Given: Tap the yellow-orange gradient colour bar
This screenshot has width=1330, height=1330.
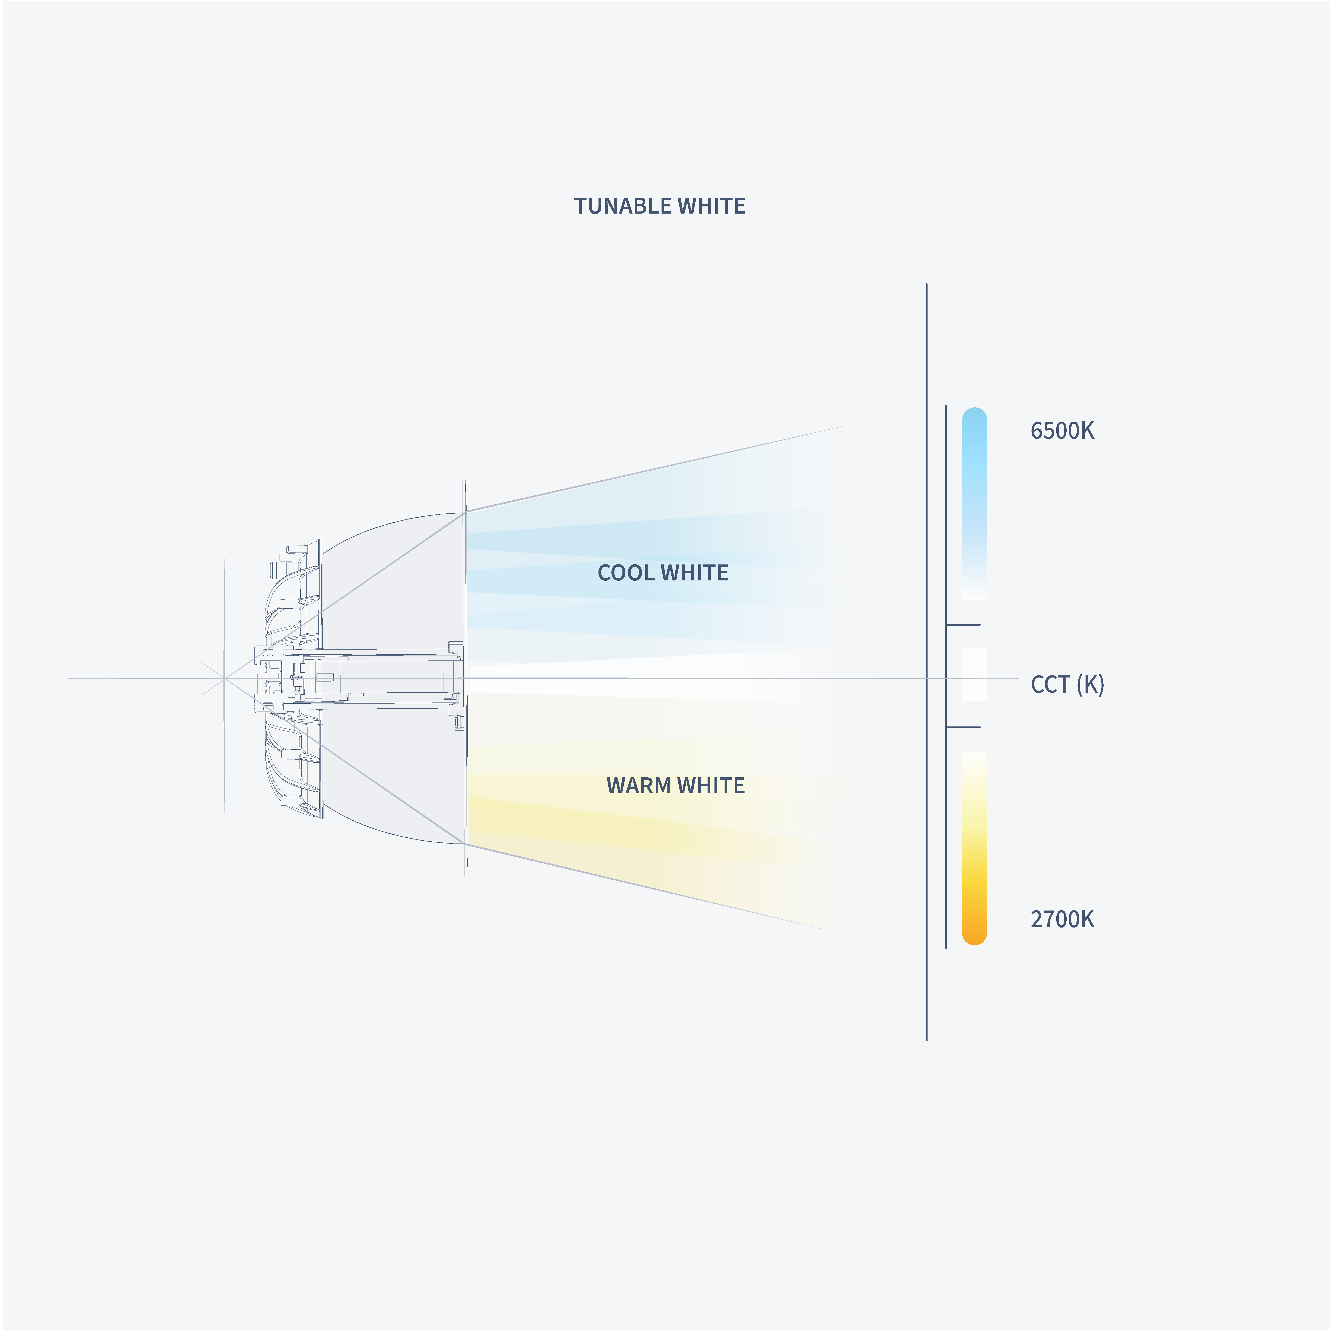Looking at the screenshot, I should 974,847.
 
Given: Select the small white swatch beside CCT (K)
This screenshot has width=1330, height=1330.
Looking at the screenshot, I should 974,675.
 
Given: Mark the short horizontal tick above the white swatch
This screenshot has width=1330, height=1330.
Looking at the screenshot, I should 963,625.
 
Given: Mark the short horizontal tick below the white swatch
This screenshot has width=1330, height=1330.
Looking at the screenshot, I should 963,727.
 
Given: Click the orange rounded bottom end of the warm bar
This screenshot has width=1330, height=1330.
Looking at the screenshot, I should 974,936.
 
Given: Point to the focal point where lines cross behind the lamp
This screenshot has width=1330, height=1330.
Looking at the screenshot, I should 225,679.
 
